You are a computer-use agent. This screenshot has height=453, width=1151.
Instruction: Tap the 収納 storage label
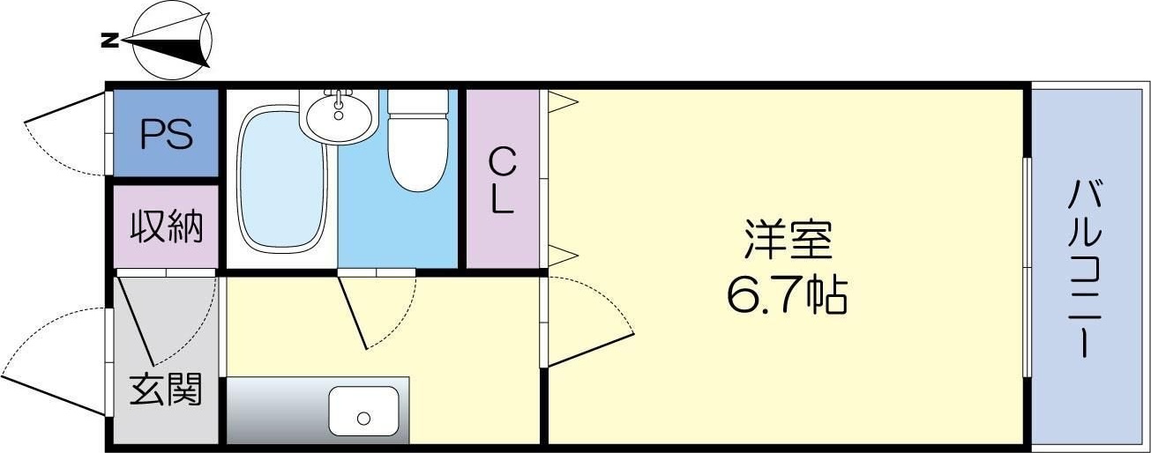[167, 227]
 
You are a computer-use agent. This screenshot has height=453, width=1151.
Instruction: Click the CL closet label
[502, 180]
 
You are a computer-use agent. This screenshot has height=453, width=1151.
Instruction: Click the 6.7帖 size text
[787, 296]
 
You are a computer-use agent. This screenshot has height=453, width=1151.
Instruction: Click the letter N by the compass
[109, 40]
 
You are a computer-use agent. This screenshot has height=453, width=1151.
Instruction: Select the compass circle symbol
[173, 41]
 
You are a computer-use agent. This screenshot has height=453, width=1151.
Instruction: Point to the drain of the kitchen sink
[362, 417]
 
